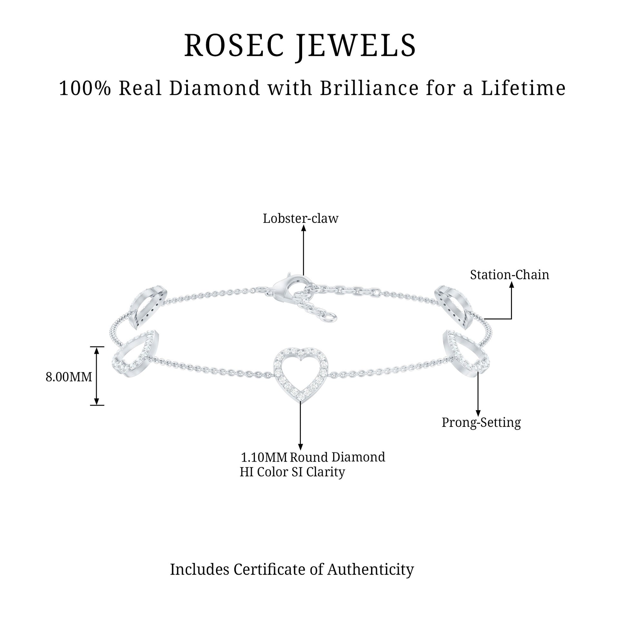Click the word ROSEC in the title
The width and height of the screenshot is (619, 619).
click(235, 46)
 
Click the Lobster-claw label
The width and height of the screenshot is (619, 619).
click(300, 219)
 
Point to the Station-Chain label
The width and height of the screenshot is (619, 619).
click(509, 275)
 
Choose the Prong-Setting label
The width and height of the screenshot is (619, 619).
click(481, 423)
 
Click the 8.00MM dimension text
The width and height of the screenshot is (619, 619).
click(69, 377)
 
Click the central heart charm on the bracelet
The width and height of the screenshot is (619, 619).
click(300, 374)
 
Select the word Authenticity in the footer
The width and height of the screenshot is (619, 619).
click(370, 570)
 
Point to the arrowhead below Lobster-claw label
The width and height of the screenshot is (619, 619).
click(303, 228)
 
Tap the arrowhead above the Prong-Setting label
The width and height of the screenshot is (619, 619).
click(478, 413)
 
